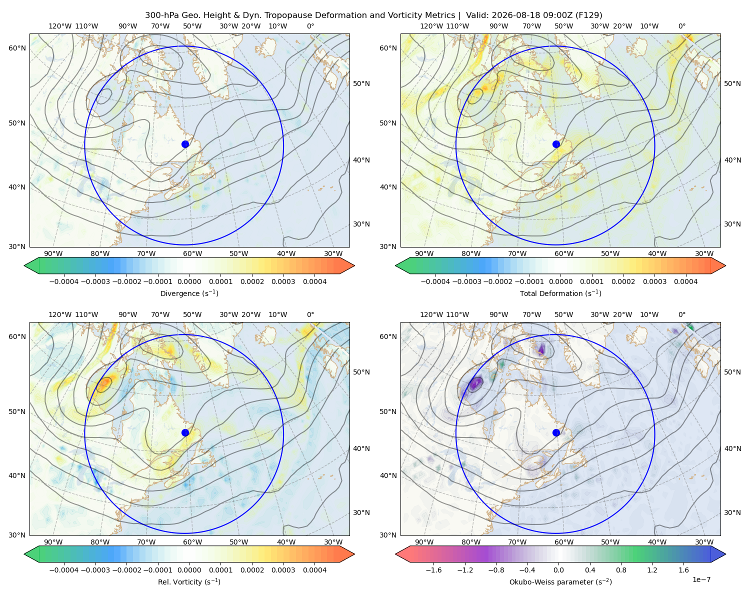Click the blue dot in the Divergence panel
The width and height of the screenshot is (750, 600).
click(185, 144)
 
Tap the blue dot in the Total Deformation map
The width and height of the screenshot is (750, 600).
click(556, 144)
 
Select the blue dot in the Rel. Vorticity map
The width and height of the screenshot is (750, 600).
click(185, 432)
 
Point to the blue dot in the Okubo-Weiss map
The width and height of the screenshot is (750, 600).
click(556, 432)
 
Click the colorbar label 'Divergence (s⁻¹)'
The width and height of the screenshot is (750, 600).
click(189, 293)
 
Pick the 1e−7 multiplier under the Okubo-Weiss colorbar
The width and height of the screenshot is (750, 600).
click(701, 579)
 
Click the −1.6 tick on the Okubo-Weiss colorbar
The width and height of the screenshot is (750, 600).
click(433, 570)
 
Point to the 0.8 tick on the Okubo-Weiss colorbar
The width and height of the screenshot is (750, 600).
click(621, 570)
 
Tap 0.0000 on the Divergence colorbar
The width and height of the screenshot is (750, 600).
click(189, 281)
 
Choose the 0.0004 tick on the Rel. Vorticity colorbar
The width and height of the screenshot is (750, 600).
click(314, 570)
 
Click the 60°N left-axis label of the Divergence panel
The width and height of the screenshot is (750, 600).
click(17, 48)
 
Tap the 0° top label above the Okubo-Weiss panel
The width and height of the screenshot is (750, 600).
click(681, 314)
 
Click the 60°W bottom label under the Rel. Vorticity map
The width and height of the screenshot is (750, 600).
click(192, 542)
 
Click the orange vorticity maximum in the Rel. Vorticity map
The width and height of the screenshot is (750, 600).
click(104, 383)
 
